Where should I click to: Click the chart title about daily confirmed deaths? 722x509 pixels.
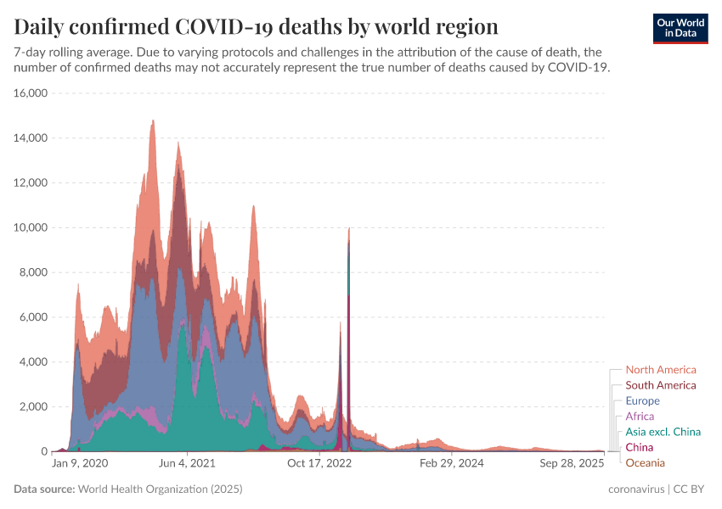click(x=256, y=25)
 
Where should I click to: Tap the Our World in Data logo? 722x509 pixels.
click(x=680, y=28)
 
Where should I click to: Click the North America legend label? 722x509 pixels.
click(x=660, y=370)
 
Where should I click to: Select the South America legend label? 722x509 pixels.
click(x=660, y=385)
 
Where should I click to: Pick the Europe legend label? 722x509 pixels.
click(x=642, y=400)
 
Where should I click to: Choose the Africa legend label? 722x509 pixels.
click(x=640, y=417)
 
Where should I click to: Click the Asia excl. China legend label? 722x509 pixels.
click(x=663, y=432)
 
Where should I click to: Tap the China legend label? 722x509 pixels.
click(x=640, y=447)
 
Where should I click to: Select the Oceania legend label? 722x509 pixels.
click(x=645, y=462)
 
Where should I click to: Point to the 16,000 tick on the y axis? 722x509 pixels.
click(x=31, y=92)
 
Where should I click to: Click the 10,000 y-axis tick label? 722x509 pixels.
click(x=31, y=227)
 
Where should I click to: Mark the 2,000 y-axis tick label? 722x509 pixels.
click(x=34, y=406)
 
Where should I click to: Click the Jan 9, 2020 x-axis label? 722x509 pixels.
click(x=80, y=464)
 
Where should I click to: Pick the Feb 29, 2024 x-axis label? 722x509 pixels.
click(x=451, y=464)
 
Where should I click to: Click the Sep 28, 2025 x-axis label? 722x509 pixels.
click(x=573, y=464)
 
